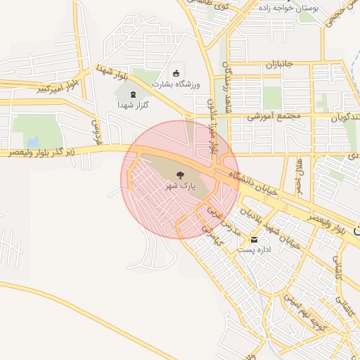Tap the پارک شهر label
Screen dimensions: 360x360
[x=179, y=186]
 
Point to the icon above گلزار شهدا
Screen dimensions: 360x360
[x=134, y=94]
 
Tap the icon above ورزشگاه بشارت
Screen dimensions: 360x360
[x=175, y=74]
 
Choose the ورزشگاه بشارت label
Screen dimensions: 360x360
[x=176, y=84]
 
